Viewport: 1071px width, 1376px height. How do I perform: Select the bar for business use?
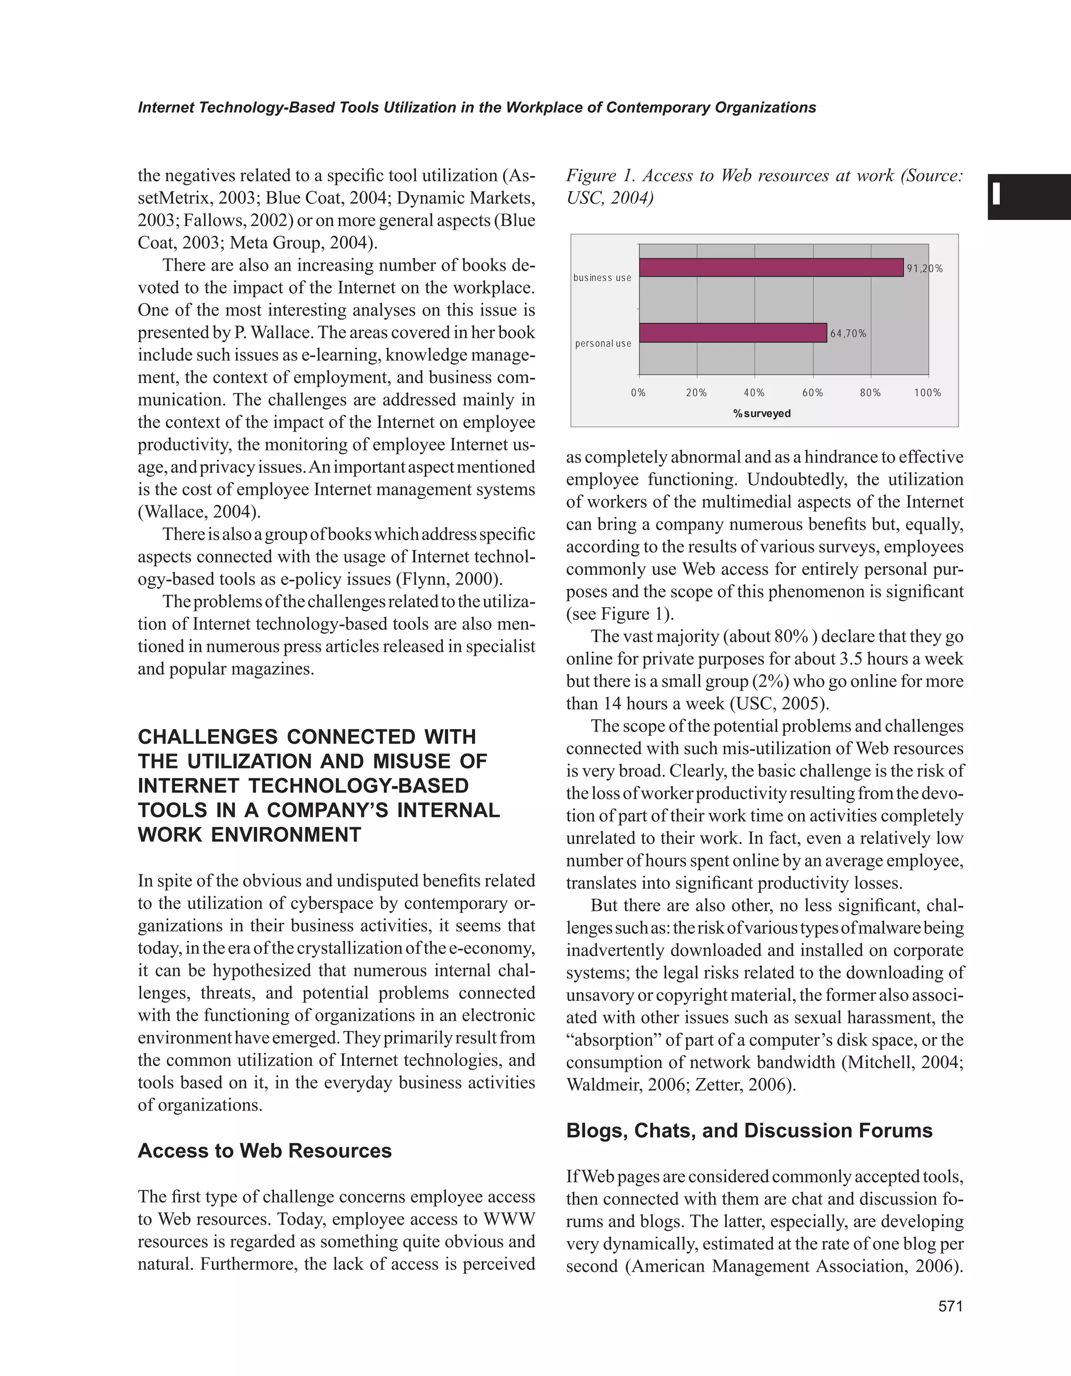(770, 267)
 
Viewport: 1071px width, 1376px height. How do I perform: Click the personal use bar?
(733, 333)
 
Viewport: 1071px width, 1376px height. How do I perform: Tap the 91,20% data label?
(925, 269)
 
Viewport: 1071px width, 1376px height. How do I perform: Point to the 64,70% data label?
(848, 334)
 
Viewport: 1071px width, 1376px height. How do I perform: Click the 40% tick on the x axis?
(754, 393)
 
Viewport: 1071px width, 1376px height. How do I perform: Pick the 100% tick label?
(927, 393)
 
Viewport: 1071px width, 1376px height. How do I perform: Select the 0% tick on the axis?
(638, 393)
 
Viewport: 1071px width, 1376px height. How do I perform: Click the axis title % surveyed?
(761, 414)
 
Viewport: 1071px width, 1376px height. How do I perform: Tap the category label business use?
(602, 278)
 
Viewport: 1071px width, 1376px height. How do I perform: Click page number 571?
(951, 1306)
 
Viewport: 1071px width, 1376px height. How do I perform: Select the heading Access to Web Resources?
(265, 1151)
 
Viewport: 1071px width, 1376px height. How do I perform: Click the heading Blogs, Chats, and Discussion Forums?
(749, 1131)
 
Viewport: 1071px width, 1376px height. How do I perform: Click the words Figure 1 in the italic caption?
(599, 176)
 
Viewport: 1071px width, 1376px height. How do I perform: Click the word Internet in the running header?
(165, 108)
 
